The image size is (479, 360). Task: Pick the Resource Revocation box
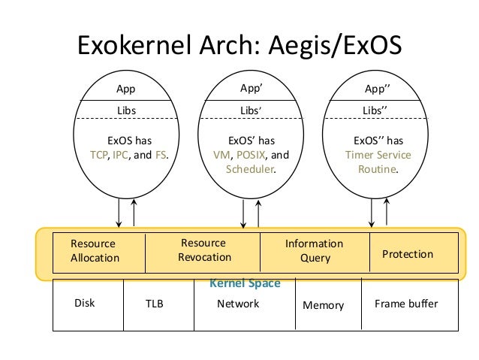[203, 250]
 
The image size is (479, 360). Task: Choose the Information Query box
[315, 250]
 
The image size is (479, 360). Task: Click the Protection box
[408, 254]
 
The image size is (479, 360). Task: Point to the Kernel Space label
[245, 283]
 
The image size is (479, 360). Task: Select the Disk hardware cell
[85, 304]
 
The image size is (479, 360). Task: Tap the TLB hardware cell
[154, 304]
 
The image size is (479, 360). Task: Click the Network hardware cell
[238, 304]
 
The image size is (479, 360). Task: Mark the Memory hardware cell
[323, 305]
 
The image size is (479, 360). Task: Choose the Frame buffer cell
[405, 304]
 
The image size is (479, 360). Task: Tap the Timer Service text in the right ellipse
[378, 156]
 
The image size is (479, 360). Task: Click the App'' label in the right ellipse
[377, 89]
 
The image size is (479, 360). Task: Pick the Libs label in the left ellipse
[126, 110]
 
